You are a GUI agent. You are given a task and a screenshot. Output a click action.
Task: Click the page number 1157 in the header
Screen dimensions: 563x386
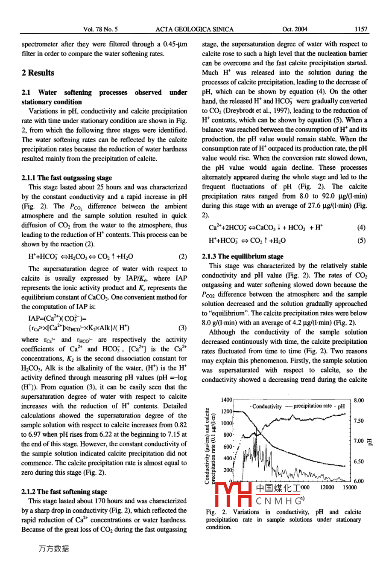[361, 29]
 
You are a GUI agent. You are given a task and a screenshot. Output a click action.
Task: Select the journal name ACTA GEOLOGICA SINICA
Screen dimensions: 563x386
[195, 29]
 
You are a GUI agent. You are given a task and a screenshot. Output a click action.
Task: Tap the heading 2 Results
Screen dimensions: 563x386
[38, 73]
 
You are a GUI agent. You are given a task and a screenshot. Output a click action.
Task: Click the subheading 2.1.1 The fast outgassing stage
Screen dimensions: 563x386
[67, 178]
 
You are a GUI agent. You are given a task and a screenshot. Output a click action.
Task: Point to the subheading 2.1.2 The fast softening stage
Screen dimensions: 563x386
[64, 492]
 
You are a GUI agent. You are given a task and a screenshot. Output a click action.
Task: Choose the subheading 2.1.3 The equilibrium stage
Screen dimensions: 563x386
[243, 256]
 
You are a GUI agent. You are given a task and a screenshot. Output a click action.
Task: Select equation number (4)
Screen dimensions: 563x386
[362, 227]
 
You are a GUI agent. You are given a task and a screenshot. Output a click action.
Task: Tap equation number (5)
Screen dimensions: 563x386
[362, 241]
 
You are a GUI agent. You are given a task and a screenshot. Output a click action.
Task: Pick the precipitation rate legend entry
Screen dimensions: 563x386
[313, 406]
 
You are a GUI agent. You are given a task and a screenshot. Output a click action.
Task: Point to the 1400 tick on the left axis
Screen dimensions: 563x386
[226, 400]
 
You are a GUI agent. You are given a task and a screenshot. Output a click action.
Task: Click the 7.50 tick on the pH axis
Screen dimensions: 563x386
[359, 421]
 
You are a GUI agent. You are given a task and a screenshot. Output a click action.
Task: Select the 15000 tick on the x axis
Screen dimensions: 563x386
[349, 488]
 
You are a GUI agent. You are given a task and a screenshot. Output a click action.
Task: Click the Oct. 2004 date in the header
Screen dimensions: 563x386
[295, 29]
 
